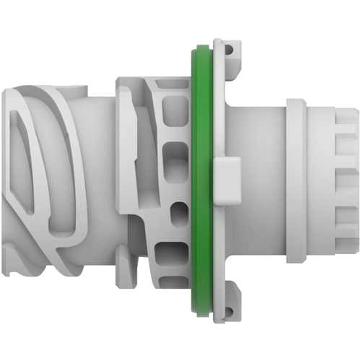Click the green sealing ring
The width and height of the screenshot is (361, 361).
pos(194,180)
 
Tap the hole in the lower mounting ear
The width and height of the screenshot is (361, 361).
pos(230,312)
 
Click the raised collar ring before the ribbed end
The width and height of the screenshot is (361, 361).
pos(297,180)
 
